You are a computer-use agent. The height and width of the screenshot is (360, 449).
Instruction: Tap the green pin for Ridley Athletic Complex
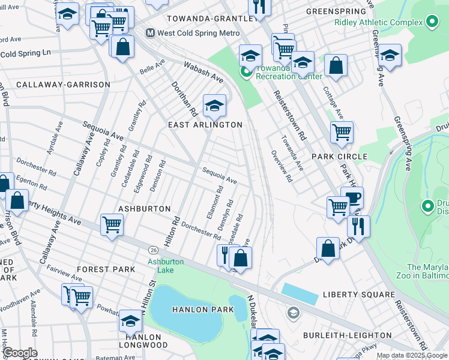tap(431, 23)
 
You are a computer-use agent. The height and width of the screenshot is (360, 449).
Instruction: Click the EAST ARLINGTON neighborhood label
tap(205, 125)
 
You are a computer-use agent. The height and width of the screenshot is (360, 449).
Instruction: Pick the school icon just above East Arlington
tap(214, 106)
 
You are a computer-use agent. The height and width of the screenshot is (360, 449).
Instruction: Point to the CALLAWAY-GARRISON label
tap(63, 85)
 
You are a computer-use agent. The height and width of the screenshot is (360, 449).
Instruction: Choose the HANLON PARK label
tap(190, 310)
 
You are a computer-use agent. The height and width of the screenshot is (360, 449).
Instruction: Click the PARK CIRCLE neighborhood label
tap(339, 157)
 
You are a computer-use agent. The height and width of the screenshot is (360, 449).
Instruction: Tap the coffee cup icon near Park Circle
tap(352, 197)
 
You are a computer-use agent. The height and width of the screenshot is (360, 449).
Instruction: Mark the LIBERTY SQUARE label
tap(359, 295)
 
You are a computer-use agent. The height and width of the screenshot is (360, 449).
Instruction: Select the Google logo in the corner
tap(20, 353)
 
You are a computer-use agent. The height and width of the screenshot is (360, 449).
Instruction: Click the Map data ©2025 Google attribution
tap(411, 355)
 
